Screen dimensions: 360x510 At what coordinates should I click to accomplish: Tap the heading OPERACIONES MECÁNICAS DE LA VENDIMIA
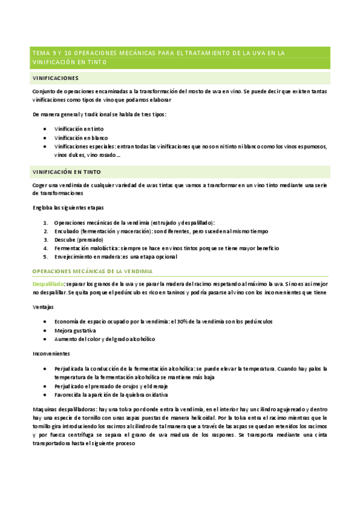pyautogui.click(x=93, y=271)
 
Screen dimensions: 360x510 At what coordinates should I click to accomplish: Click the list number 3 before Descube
pyautogui.click(x=46, y=239)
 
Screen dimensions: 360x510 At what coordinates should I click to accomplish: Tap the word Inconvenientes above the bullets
pyautogui.click(x=51, y=354)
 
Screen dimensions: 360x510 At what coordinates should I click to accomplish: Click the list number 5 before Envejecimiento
pyautogui.click(x=46, y=256)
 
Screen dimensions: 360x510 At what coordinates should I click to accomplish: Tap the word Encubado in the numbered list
pyautogui.click(x=66, y=231)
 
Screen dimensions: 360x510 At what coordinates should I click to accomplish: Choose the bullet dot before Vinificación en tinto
pyautogui.click(x=46, y=129)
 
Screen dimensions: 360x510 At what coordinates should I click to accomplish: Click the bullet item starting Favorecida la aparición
pyautogui.click(x=111, y=395)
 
